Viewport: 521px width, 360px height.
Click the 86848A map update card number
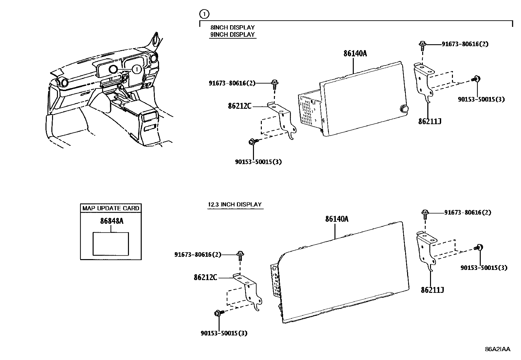pyautogui.click(x=112, y=221)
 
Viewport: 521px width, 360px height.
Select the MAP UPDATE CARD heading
pyautogui.click(x=111, y=208)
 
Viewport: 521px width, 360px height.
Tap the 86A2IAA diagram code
pyautogui.click(x=497, y=349)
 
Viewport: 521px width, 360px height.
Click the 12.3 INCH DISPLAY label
pyautogui.click(x=235, y=204)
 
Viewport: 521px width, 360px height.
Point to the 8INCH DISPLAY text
pyautogui.click(x=232, y=28)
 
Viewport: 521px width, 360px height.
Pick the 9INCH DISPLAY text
pyautogui.click(x=232, y=34)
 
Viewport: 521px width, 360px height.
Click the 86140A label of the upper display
pyautogui.click(x=355, y=53)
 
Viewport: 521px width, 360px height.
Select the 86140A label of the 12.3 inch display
pyautogui.click(x=337, y=219)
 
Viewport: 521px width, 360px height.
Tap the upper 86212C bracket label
pyautogui.click(x=240, y=106)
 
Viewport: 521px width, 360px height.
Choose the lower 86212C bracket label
pyautogui.click(x=205, y=277)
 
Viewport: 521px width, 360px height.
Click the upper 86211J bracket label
pyautogui.click(x=430, y=122)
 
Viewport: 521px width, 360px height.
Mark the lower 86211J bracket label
pyautogui.click(x=432, y=290)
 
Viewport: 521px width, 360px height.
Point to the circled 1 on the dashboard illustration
pyautogui.click(x=137, y=69)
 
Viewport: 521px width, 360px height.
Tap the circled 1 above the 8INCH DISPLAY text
pyautogui.click(x=204, y=14)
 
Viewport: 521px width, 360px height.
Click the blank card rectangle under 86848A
pyautogui.click(x=111, y=243)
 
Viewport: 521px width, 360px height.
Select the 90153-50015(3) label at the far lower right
pyautogui.click(x=484, y=268)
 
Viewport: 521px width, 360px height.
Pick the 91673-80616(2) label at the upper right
pyautogui.click(x=465, y=44)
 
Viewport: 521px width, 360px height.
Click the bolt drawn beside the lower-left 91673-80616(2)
pyautogui.click(x=241, y=255)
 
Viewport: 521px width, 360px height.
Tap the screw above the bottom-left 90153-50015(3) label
pyautogui.click(x=218, y=313)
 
